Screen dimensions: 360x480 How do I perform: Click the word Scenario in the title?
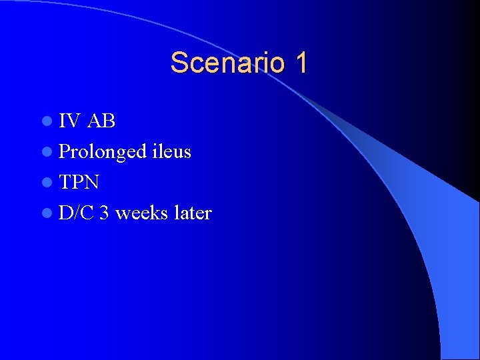[x=223, y=63]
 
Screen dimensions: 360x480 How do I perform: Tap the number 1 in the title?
[x=300, y=63]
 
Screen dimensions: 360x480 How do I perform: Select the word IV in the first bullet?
[x=69, y=121]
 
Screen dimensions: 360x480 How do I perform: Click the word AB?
[x=101, y=121]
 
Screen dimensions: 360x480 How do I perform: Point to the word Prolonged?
[x=101, y=152]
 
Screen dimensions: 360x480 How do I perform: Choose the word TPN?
[x=79, y=182]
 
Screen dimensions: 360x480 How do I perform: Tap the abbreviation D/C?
[x=77, y=213]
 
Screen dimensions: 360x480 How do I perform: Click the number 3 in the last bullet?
[x=104, y=213]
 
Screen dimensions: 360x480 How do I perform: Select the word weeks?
[x=141, y=213]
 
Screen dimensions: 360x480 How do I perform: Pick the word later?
[x=192, y=213]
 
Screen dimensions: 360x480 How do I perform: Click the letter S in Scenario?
[x=179, y=63]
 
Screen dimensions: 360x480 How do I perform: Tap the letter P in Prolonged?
[x=65, y=151]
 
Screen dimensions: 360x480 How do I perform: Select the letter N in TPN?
[x=92, y=182]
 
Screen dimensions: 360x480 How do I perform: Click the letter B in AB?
[x=109, y=121]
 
